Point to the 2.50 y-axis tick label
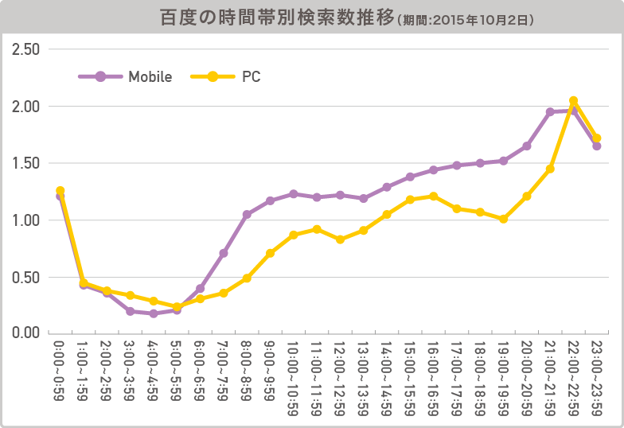tap(27, 49)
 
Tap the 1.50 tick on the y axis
tap(27, 163)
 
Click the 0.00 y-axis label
tap(27, 333)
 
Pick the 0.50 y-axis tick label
tap(27, 278)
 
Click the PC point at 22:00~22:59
tap(573, 101)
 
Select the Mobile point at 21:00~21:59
tap(550, 112)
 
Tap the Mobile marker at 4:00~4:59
tap(154, 313)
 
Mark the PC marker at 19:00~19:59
tap(503, 219)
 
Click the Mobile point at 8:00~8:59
tap(247, 215)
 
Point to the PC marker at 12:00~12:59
tap(340, 239)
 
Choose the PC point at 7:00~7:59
tap(224, 293)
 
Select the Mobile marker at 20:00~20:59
tap(527, 146)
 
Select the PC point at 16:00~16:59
tap(433, 196)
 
